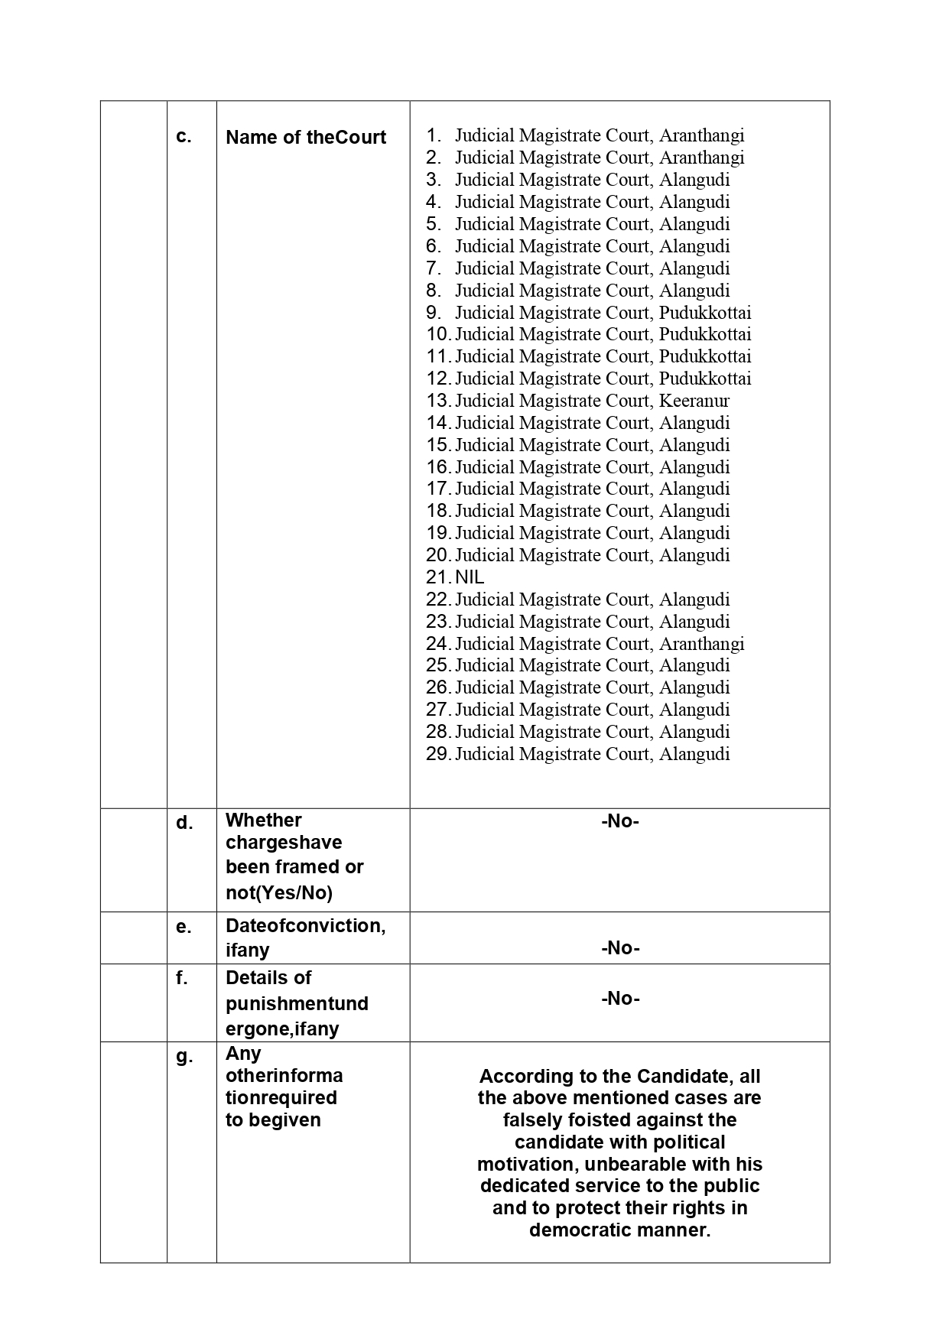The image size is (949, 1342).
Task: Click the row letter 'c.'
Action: point(184,137)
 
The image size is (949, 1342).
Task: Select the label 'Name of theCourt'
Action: point(306,138)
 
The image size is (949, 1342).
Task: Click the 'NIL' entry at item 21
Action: point(470,577)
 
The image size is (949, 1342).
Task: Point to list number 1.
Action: point(434,136)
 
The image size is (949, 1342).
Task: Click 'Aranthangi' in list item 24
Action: point(701,644)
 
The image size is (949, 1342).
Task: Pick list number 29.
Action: point(438,754)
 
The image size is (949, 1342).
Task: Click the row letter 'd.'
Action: point(184,823)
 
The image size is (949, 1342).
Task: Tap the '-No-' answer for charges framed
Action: point(619,821)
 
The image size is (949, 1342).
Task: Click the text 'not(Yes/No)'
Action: point(279,892)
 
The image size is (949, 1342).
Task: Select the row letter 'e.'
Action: point(184,927)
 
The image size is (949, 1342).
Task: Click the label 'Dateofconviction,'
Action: point(305,926)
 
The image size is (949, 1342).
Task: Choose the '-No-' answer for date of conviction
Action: point(619,948)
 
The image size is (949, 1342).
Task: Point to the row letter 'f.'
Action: point(182,978)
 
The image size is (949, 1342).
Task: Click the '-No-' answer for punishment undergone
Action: point(619,999)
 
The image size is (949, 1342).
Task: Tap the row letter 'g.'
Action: point(184,1057)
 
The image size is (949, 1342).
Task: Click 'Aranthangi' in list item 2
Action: point(701,158)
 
